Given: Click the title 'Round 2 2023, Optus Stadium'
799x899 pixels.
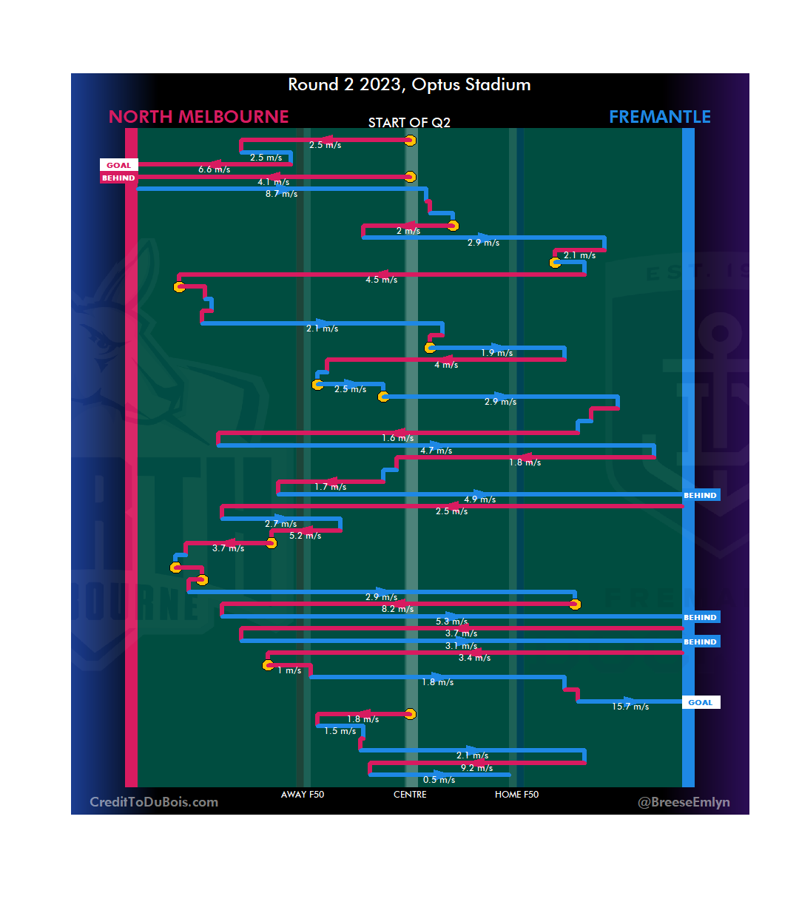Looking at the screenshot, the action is [409, 85].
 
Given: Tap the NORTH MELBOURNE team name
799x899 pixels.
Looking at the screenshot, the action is [198, 117].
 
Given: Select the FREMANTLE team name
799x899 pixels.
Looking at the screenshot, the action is [659, 117].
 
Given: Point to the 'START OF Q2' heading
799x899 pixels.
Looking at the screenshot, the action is [409, 123].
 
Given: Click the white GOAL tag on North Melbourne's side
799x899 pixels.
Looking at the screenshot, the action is [118, 166].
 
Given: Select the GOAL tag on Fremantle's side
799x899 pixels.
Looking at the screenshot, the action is [700, 703].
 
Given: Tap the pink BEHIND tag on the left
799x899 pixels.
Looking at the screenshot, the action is [118, 178].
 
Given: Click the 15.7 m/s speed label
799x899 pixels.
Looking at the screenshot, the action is [630, 707].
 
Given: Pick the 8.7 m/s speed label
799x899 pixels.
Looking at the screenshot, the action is [281, 195].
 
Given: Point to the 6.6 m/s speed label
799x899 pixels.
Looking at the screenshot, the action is [214, 170].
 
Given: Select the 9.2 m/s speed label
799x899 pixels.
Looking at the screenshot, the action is [476, 768].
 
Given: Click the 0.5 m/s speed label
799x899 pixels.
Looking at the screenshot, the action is [439, 780].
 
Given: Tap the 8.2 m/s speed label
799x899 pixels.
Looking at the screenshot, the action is [397, 609].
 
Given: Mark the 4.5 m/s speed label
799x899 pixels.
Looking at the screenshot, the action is [381, 280].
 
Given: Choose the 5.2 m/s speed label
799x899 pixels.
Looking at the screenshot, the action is [305, 536].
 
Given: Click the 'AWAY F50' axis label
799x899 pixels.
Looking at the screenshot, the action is [303, 795].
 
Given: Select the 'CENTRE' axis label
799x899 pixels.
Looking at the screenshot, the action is [410, 795].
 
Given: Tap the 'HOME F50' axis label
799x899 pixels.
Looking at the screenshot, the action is [516, 795].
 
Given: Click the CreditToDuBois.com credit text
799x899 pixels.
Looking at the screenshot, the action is [154, 802].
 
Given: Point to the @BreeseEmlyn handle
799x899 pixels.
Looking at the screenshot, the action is [684, 802].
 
